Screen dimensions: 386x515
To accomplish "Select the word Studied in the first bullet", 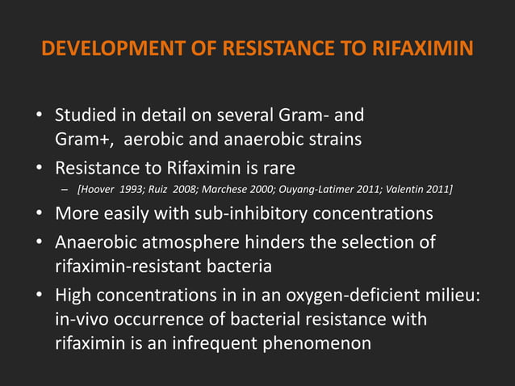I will click(84, 117).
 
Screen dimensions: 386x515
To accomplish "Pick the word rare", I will click(276, 169).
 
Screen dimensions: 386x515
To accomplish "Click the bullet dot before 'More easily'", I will click(39, 215).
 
